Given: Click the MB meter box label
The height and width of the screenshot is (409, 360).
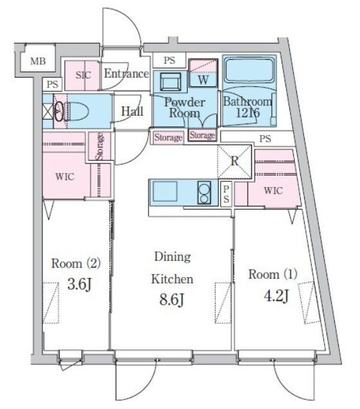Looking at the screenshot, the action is (x=38, y=61).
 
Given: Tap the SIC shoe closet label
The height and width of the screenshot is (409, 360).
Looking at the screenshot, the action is (x=83, y=75).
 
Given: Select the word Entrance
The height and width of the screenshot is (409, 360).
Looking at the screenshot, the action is (x=127, y=73).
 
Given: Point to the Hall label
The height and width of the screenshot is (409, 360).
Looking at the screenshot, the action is (x=132, y=111).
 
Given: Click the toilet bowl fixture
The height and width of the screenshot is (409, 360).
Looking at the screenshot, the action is (x=77, y=111).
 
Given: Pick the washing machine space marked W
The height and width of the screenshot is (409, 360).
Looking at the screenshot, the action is (x=203, y=73).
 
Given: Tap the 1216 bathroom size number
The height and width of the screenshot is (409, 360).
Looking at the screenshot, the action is (x=248, y=113).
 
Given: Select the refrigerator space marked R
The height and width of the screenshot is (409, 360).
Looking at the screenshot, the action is (x=235, y=161).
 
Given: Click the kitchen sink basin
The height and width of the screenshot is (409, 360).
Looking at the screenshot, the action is (x=165, y=191).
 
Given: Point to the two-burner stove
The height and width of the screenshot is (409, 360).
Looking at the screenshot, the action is (x=204, y=192).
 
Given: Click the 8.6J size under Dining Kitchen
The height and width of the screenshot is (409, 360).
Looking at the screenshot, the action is (x=172, y=299).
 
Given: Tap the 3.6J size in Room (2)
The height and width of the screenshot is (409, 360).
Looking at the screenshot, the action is (x=80, y=284).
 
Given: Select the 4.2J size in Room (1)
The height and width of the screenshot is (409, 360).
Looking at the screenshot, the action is (x=276, y=296).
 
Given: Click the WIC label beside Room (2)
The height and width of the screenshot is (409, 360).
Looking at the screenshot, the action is (x=65, y=177).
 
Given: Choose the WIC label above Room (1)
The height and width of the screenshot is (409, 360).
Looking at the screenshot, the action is (x=273, y=190).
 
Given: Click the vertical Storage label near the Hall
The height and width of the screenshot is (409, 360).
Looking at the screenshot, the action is (x=99, y=147).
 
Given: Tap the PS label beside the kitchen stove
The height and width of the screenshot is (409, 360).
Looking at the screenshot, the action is (x=226, y=194).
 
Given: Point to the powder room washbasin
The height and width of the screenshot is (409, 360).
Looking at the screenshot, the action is (x=170, y=81).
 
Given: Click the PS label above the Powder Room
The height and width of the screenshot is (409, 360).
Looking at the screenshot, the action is (x=169, y=60).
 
